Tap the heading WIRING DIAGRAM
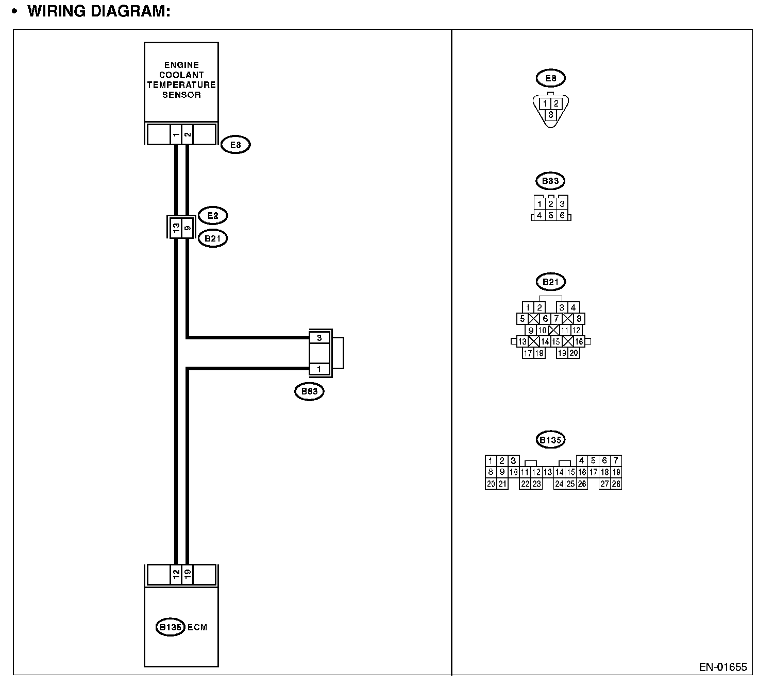(x=98, y=11)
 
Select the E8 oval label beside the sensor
(x=235, y=145)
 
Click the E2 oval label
(x=212, y=215)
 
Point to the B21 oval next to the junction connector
(x=212, y=238)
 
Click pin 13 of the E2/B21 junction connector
(x=176, y=227)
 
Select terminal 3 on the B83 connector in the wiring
(x=319, y=338)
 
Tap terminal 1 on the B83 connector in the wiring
(x=319, y=369)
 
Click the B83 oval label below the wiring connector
(x=309, y=391)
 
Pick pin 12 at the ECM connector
(x=176, y=575)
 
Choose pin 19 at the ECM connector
(x=188, y=575)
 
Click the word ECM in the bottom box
(x=197, y=627)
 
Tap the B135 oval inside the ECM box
(x=170, y=627)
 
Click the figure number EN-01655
(x=722, y=667)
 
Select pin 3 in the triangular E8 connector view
(x=550, y=115)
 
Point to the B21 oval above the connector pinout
(x=550, y=282)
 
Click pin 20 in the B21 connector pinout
(x=574, y=353)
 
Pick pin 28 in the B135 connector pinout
(x=616, y=484)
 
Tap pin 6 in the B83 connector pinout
(x=562, y=215)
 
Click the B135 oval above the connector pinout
(x=550, y=440)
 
